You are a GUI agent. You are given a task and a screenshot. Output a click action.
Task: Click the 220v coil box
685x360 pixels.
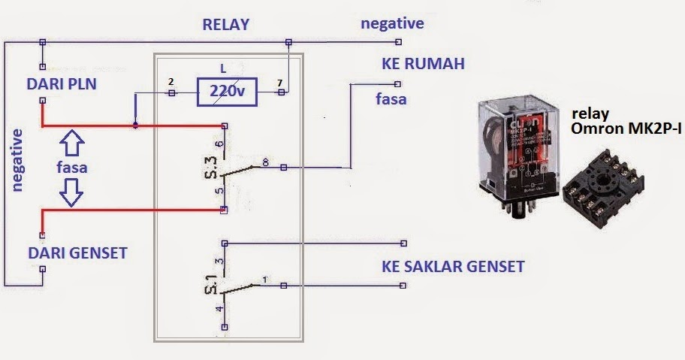click(226, 92)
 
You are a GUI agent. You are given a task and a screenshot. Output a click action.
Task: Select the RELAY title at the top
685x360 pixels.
click(225, 24)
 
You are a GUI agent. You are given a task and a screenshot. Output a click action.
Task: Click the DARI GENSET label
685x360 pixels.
click(77, 253)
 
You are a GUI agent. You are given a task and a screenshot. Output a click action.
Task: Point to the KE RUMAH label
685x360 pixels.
click(423, 64)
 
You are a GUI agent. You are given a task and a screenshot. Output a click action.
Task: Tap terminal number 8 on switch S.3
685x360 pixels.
click(265, 162)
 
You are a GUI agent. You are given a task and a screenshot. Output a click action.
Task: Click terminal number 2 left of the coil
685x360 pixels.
click(171, 81)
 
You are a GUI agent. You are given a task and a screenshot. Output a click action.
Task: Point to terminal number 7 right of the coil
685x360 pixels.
click(279, 81)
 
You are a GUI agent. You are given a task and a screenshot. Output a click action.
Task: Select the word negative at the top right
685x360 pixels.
click(392, 23)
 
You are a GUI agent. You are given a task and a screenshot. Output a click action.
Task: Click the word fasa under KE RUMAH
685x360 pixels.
click(391, 98)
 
